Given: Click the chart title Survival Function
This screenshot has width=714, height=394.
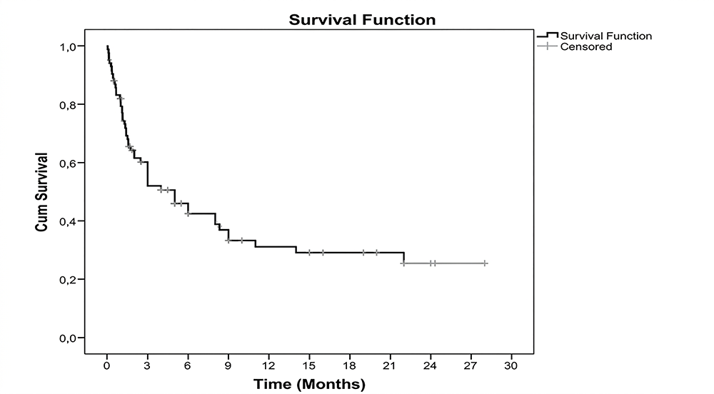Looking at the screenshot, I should (362, 20).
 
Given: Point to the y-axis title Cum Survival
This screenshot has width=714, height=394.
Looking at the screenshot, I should (42, 191).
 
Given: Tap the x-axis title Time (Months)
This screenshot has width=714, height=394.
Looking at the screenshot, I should (309, 385).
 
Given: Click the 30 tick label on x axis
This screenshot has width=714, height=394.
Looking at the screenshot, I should (511, 365).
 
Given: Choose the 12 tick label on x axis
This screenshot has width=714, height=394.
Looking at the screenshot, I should (268, 365).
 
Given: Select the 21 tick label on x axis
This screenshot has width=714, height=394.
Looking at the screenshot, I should (390, 365).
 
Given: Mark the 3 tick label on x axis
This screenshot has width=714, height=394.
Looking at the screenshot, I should (147, 365).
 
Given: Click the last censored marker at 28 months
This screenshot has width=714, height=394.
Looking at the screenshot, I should (485, 263).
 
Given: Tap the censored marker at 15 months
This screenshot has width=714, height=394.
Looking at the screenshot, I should (309, 253).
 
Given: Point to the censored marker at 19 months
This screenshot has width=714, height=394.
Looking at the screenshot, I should (363, 253).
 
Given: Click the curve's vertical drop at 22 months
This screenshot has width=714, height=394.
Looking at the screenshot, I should (404, 258).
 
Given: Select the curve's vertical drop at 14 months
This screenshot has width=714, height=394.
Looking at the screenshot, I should (296, 250).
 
